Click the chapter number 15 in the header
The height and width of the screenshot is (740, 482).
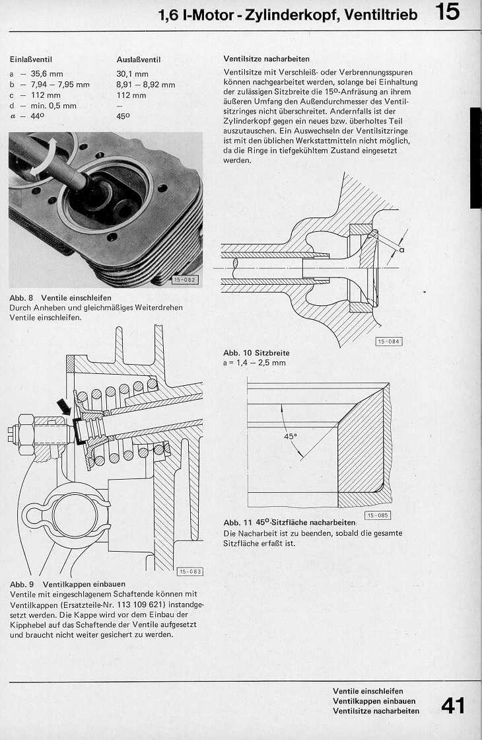(x=448, y=12)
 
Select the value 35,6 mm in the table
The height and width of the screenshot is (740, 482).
(x=46, y=74)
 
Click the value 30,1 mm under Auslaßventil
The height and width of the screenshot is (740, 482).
(x=132, y=74)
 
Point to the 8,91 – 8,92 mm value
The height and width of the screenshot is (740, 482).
(x=145, y=85)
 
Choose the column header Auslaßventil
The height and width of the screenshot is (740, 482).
(x=139, y=59)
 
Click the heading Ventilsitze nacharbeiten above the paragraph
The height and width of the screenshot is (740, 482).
(x=267, y=59)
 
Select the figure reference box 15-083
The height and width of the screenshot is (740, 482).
(x=190, y=571)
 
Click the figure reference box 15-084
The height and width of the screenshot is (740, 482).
(x=388, y=341)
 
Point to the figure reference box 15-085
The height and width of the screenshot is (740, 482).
(x=377, y=515)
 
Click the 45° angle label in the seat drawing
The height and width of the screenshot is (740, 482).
(x=291, y=437)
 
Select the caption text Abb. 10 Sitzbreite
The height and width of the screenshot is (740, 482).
(x=256, y=353)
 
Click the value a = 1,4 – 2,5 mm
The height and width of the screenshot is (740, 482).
(x=255, y=363)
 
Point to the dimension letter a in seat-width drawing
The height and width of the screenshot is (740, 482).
(x=401, y=250)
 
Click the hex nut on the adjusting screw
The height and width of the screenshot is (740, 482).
(x=26, y=429)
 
